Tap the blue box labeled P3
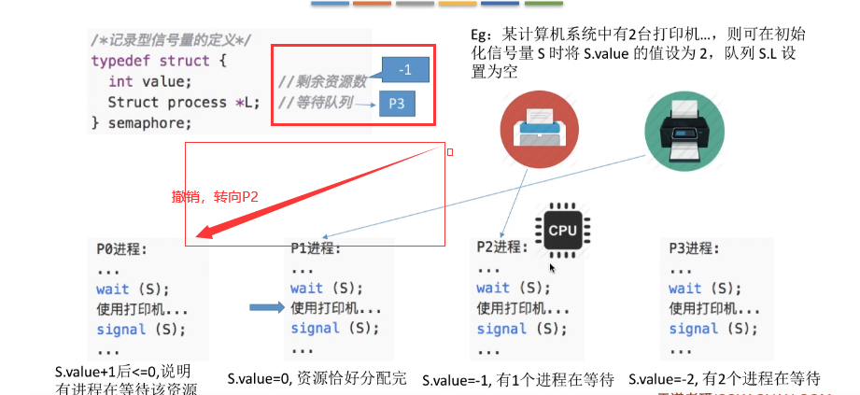click(397, 105)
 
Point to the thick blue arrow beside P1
click(265, 307)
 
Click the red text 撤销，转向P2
click(215, 197)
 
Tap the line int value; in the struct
click(143, 81)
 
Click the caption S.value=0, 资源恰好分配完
click(317, 379)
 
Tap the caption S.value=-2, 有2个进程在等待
click(725, 378)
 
